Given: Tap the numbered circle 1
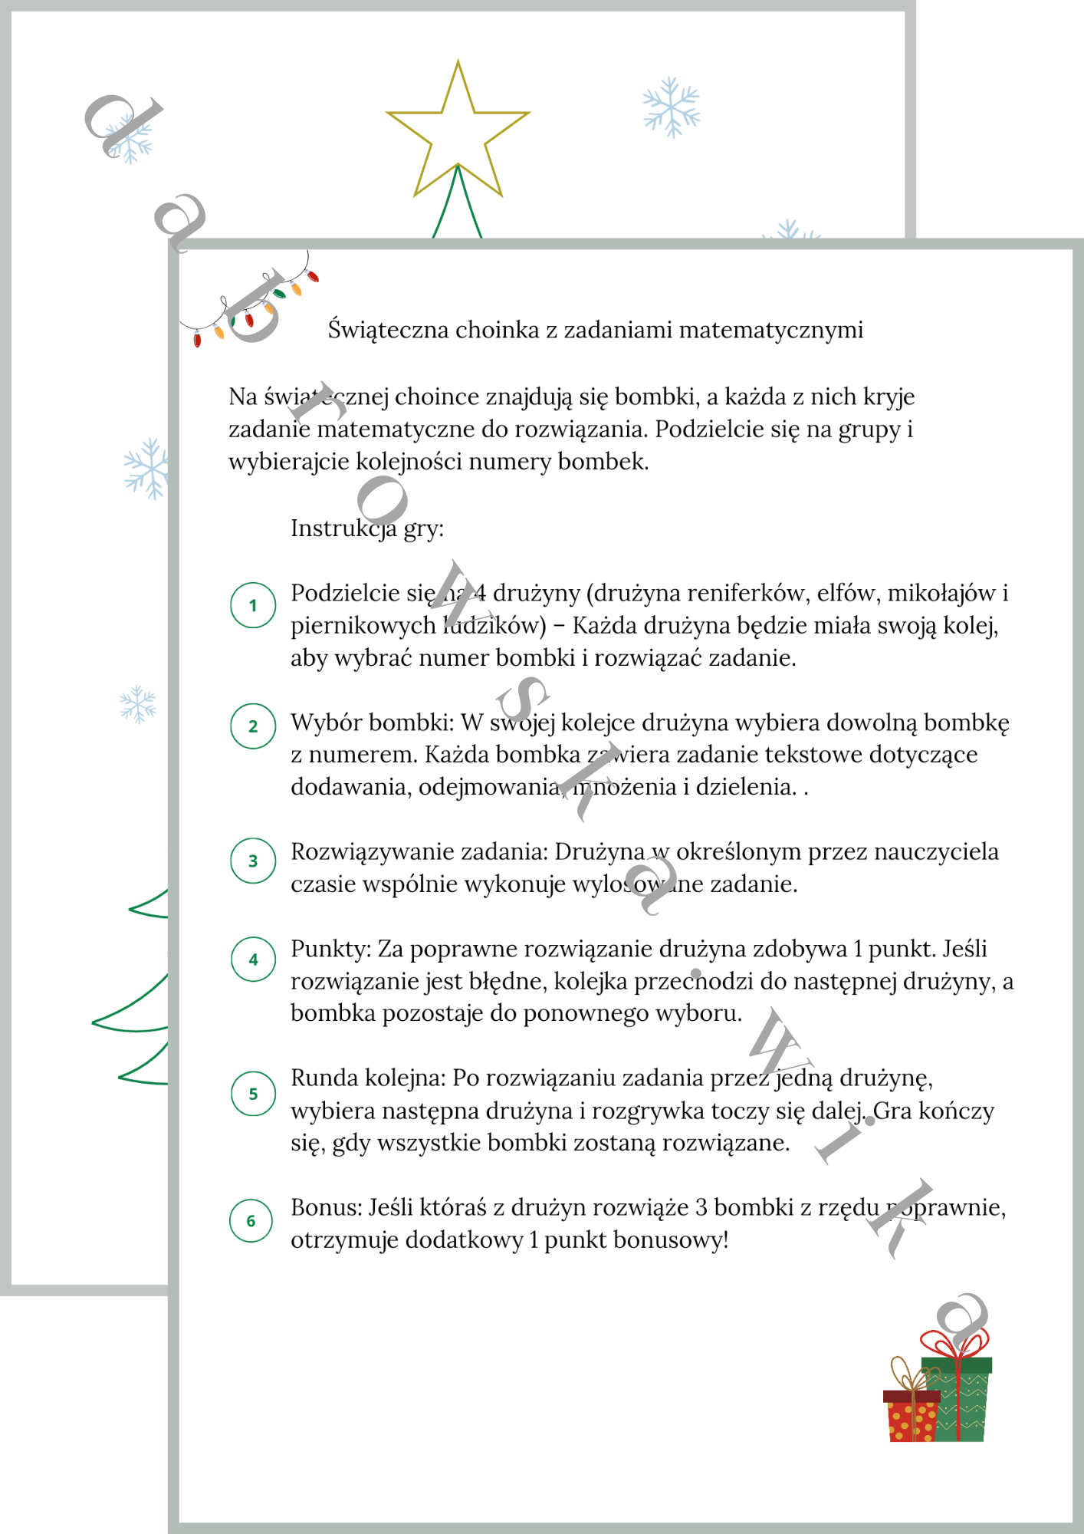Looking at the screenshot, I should [253, 605].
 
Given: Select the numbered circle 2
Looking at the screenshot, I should [253, 726].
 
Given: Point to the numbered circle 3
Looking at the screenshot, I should [253, 861].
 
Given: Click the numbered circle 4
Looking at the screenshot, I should [253, 960].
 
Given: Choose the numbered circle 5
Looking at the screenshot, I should [253, 1094].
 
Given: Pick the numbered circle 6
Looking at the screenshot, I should [251, 1220].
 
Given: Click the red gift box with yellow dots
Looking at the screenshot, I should [911, 1417].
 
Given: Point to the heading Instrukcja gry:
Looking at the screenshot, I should [366, 528].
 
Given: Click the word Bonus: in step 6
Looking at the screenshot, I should [327, 1207].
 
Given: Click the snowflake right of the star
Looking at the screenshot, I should [672, 107].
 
